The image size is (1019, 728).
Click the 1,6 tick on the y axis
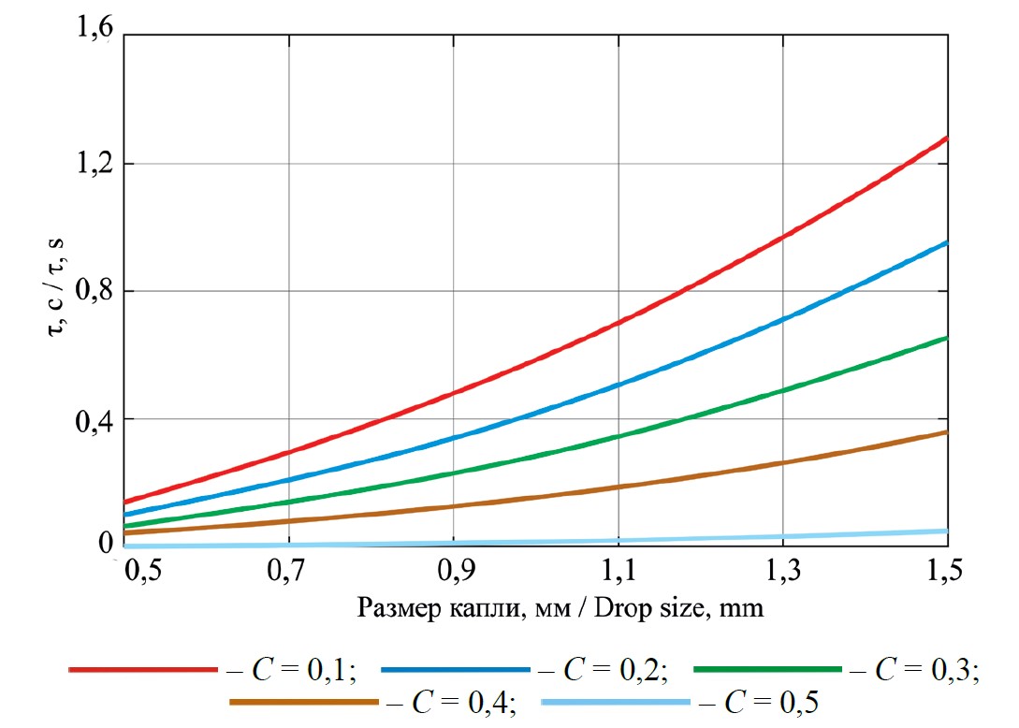click(95, 34)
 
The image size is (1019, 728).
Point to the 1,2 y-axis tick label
click(95, 163)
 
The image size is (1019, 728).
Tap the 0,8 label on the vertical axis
click(95, 290)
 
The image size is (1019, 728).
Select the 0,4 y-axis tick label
click(95, 418)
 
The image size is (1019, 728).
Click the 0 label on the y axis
click(106, 545)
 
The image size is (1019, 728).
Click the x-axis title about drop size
click(560, 610)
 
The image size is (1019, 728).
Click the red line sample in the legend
click(142, 670)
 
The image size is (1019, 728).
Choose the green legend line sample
click(767, 670)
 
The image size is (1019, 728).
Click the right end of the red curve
click(947, 138)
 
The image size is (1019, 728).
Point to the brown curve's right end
click(947, 431)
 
